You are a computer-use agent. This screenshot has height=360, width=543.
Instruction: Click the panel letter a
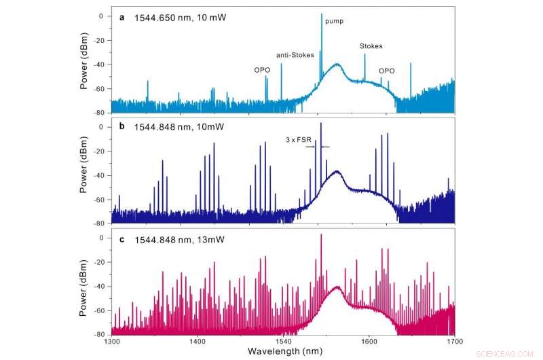pyautogui.click(x=122, y=18)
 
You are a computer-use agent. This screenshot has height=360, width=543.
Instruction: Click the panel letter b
pyautogui.click(x=122, y=127)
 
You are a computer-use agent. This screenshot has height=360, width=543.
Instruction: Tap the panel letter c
pyautogui.click(x=122, y=238)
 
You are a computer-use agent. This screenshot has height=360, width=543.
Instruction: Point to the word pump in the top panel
pyautogui.click(x=334, y=21)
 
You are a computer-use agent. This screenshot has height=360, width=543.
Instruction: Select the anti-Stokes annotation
pyautogui.click(x=293, y=55)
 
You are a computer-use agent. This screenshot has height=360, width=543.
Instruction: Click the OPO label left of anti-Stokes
pyautogui.click(x=263, y=69)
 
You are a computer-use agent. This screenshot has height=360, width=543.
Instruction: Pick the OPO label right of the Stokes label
pyautogui.click(x=386, y=70)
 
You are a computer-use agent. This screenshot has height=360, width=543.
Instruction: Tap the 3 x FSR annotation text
pyautogui.click(x=298, y=140)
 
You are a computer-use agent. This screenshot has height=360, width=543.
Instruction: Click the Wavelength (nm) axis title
pyautogui.click(x=282, y=350)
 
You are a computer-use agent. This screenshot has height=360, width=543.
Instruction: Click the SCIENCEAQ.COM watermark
pyautogui.click(x=514, y=353)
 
